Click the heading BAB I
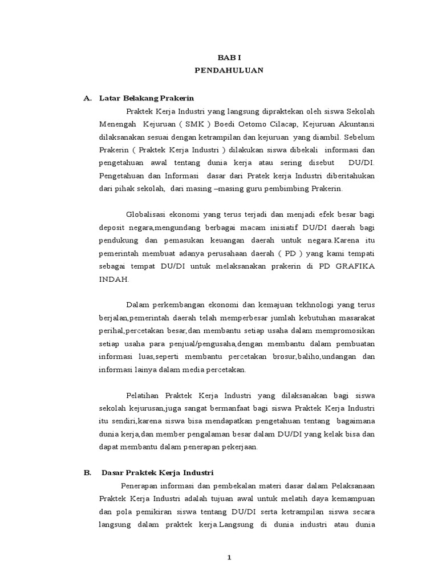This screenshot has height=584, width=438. (228, 58)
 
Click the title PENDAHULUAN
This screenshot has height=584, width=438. (228, 71)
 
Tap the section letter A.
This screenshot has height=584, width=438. (87, 98)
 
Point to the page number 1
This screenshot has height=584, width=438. (229, 558)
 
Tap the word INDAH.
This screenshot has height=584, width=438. (113, 279)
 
